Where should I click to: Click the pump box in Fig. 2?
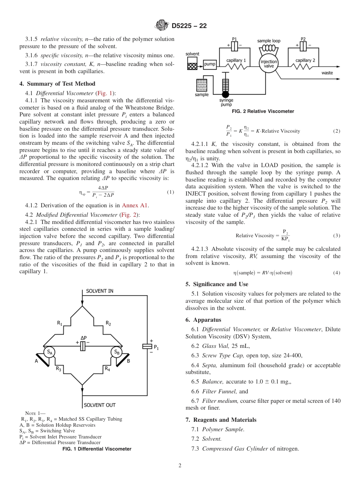click(x=210, y=64)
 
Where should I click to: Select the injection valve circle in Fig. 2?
click(x=268, y=64)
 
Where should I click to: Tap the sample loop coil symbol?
click(x=269, y=48)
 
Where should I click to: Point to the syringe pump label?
click(x=226, y=102)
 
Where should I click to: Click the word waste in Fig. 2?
click(x=327, y=72)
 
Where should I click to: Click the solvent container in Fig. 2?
click(x=193, y=63)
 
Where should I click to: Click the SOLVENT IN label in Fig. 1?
click(x=100, y=291)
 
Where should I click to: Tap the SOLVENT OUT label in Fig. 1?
click(x=100, y=405)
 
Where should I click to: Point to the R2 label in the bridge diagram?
click(x=108, y=323)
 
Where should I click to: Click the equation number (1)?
click(x=171, y=192)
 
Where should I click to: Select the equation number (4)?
click(x=337, y=273)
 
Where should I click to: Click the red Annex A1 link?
click(x=135, y=205)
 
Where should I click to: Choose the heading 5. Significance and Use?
click(x=217, y=284)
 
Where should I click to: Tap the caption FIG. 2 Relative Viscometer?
click(x=263, y=111)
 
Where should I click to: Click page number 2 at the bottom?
click(x=180, y=466)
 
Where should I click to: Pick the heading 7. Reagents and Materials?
click(x=221, y=419)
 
